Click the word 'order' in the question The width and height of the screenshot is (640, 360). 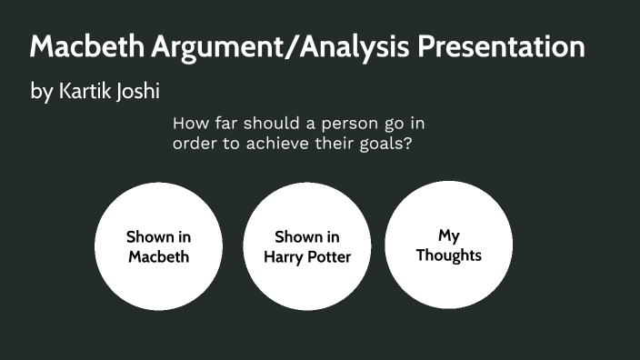tap(194, 144)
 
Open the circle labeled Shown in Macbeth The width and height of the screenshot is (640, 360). tap(158, 245)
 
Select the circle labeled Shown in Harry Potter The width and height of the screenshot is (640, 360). tap(307, 245)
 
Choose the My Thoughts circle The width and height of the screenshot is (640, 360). tap(448, 245)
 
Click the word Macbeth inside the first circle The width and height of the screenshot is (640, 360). tap(158, 256)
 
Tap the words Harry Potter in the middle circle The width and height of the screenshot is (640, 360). tap(307, 256)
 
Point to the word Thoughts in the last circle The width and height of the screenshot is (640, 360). tap(448, 255)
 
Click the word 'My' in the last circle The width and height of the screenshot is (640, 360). tap(448, 235)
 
